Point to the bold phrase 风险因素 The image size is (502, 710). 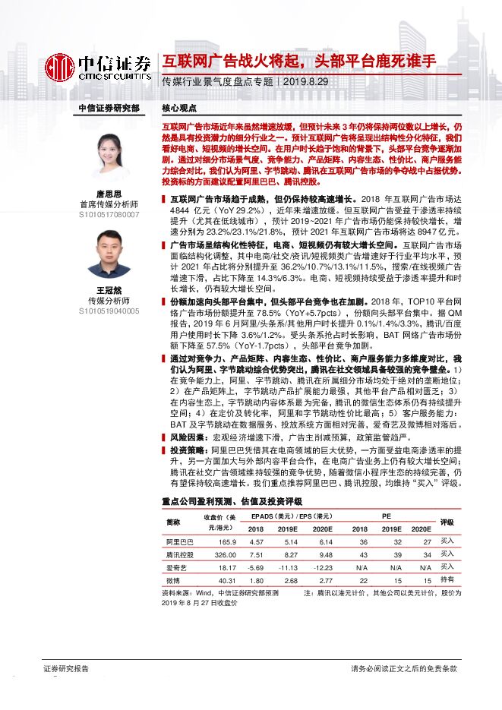click(188, 437)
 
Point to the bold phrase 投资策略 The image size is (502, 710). click(188, 450)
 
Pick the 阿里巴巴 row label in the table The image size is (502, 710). click(180, 541)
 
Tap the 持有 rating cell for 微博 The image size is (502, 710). click(447, 579)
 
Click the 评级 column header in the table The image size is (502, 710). click(447, 522)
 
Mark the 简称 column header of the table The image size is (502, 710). click(174, 522)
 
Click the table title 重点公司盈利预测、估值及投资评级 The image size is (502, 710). click(232, 502)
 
